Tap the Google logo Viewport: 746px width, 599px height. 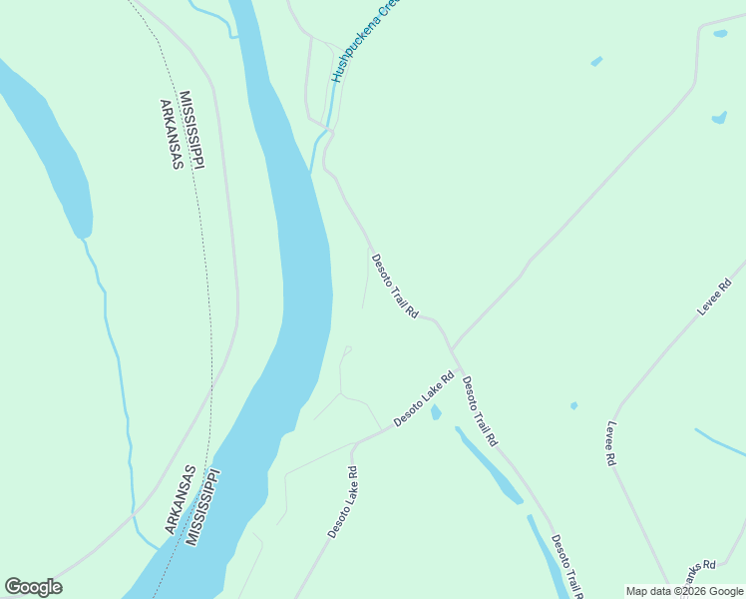33,587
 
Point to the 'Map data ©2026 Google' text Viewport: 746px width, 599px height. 684,591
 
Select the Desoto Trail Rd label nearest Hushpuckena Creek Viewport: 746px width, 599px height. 395,287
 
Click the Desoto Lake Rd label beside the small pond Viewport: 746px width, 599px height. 424,399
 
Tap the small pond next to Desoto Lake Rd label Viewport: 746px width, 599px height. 436,412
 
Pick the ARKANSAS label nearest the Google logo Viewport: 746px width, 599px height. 181,499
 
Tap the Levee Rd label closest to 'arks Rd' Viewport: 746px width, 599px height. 610,442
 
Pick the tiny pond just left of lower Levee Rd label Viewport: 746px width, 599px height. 573,405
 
